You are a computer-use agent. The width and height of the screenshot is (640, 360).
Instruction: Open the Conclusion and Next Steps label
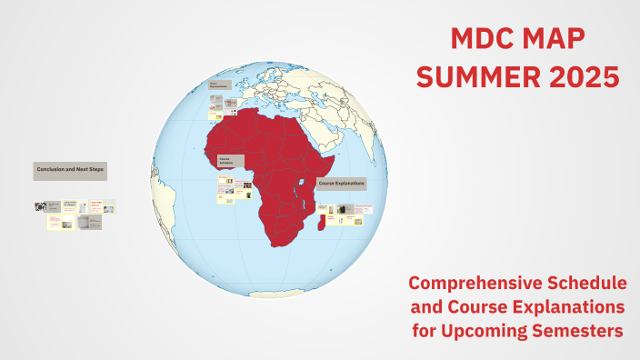70,170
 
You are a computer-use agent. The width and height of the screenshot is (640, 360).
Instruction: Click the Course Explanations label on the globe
341,183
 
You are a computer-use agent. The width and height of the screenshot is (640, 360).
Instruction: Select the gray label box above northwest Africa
217,86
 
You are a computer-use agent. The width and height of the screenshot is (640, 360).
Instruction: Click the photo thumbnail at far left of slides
40,207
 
